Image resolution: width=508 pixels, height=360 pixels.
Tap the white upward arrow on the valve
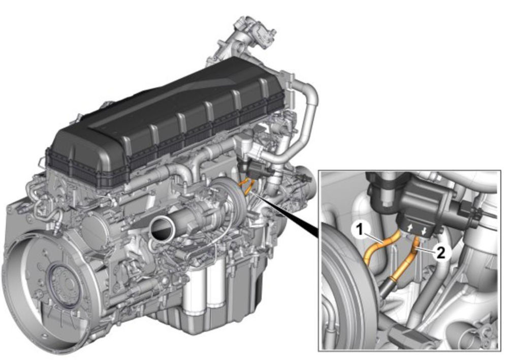point(410,228)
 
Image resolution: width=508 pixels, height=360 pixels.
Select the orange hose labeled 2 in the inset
point(409,259)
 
